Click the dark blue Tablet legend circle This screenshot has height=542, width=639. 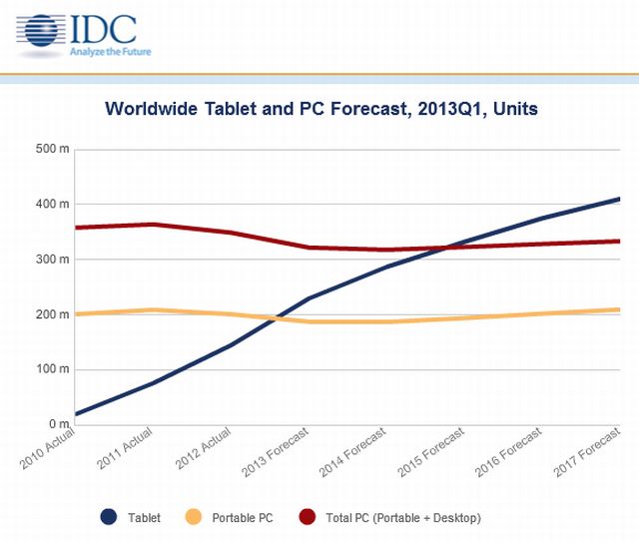(109, 517)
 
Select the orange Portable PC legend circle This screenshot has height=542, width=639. (195, 517)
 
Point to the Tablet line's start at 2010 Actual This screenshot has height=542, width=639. (76, 414)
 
